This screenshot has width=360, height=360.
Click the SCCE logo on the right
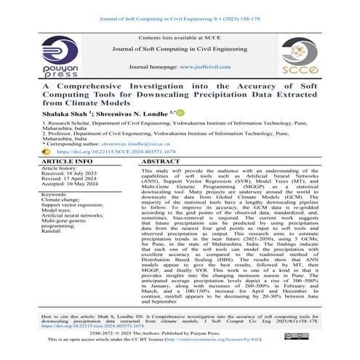(304, 57)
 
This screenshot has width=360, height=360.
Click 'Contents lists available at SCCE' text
(180, 37)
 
